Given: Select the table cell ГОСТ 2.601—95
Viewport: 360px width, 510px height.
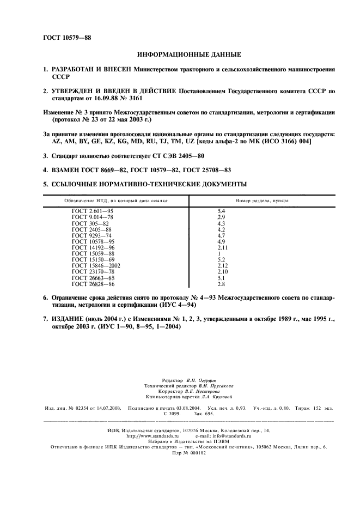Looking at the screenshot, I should (93, 210).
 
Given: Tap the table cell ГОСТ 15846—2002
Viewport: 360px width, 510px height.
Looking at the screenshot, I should (96, 265).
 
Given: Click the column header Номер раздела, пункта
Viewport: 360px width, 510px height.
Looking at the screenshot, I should (262, 201).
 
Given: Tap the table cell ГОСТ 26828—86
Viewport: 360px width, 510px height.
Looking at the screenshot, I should (93, 284).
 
